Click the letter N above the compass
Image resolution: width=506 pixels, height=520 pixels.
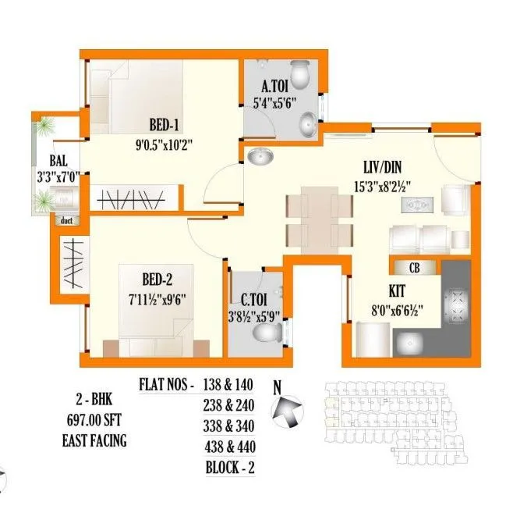tap(276, 385)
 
